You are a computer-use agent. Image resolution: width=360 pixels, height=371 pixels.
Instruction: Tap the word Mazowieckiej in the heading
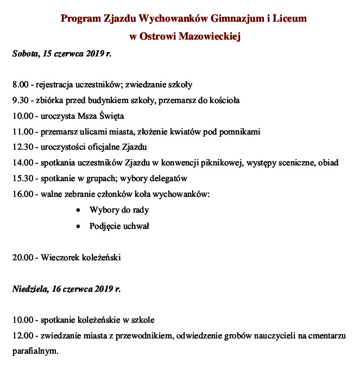tap(209, 37)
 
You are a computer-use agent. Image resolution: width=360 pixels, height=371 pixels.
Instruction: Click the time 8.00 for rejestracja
tap(20, 85)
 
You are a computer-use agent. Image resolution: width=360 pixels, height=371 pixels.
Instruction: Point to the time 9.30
tap(20, 100)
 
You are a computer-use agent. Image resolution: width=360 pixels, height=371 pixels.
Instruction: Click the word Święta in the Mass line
tap(112, 116)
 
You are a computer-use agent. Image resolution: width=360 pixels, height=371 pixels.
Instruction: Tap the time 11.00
tap(22, 132)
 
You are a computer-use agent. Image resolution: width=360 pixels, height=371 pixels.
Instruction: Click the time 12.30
tap(22, 147)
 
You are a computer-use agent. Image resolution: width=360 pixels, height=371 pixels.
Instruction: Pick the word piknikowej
tap(247, 163)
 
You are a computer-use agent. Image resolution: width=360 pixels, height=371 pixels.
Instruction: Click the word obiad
tap(328, 163)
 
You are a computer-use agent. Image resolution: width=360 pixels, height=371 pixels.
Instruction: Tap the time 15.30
tap(22, 178)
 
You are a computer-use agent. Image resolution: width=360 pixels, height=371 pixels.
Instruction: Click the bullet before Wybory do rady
tap(80, 210)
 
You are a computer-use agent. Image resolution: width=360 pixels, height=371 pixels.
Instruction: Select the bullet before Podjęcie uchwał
tap(80, 226)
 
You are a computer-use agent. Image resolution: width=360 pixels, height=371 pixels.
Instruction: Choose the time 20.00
tap(22, 257)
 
